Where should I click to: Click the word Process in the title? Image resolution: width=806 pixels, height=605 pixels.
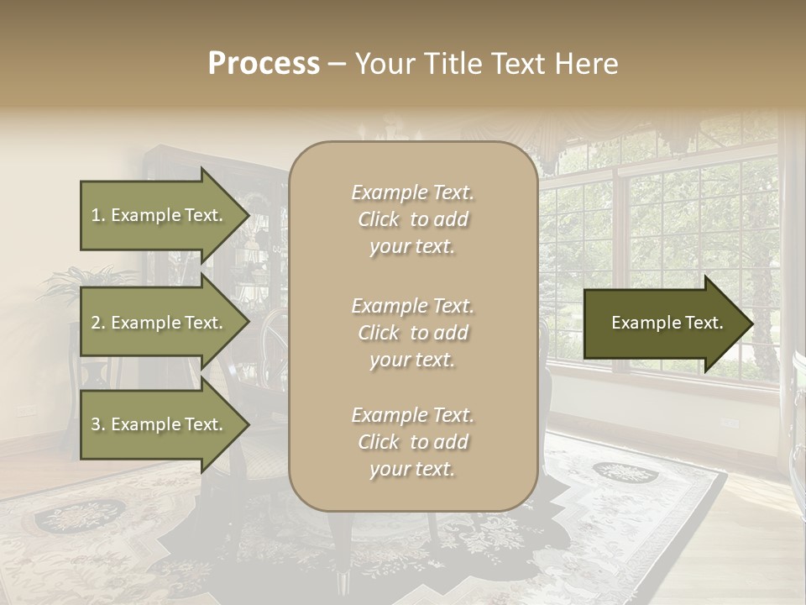pyautogui.click(x=264, y=63)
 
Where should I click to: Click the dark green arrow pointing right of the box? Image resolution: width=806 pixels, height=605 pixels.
pyautogui.click(x=667, y=324)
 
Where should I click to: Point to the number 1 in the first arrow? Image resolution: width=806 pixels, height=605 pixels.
pyautogui.click(x=96, y=215)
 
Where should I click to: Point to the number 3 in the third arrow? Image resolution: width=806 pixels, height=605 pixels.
pyautogui.click(x=96, y=424)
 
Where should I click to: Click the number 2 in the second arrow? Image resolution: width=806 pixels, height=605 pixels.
pyautogui.click(x=96, y=323)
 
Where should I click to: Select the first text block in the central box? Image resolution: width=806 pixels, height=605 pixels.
pyautogui.click(x=412, y=219)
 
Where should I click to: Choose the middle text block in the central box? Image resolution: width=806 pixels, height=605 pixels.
pyautogui.click(x=412, y=333)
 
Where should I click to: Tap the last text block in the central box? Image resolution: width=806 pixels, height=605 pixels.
pyautogui.click(x=412, y=442)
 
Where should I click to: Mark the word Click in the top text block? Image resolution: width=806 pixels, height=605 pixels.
pyautogui.click(x=378, y=219)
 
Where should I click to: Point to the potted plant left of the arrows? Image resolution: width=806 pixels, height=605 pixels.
pyautogui.click(x=84, y=286)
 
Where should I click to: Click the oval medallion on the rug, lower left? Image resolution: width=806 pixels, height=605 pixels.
pyautogui.click(x=80, y=514)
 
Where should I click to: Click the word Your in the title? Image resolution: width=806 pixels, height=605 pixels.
pyautogui.click(x=381, y=63)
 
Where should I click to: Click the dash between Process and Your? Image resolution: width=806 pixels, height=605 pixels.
pyautogui.click(x=337, y=64)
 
